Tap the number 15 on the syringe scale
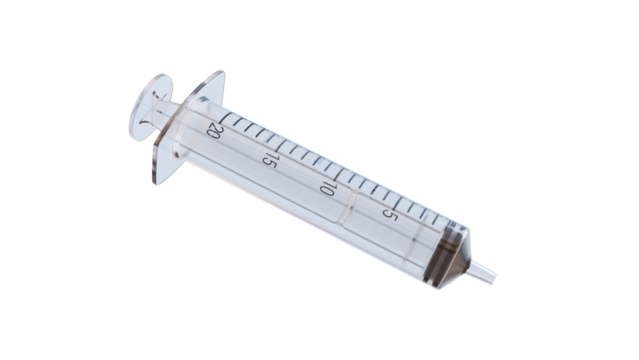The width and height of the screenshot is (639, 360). (x=268, y=158)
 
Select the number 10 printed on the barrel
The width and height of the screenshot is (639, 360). (x=325, y=186)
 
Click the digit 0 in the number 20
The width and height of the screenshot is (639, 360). (x=212, y=133)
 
